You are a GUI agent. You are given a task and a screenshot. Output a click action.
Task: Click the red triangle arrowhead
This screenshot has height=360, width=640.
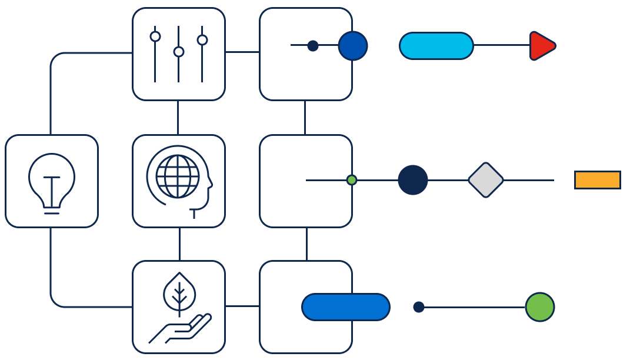pyautogui.click(x=541, y=46)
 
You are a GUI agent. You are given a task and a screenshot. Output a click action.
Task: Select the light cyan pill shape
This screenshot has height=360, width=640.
pyautogui.click(x=436, y=46)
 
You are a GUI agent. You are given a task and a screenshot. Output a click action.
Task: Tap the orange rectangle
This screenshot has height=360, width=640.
pyautogui.click(x=597, y=180)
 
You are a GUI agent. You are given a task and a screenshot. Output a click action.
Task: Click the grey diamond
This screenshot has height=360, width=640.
pyautogui.click(x=486, y=180)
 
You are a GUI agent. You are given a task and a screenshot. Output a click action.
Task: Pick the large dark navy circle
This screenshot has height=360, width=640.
pyautogui.click(x=413, y=180)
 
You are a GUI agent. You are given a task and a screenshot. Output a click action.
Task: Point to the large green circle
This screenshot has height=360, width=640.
pyautogui.click(x=540, y=307)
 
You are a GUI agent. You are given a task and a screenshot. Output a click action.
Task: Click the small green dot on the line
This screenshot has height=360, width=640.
pyautogui.click(x=352, y=180)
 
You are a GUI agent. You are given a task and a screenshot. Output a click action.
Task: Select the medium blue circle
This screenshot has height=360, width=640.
pyautogui.click(x=353, y=46)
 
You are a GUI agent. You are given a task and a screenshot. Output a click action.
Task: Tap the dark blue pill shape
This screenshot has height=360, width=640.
pyautogui.click(x=346, y=307)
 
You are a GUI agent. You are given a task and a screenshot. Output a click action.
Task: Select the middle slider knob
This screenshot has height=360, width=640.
pyautogui.click(x=179, y=52)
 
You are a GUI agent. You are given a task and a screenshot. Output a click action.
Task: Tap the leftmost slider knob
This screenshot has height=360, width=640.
pyautogui.click(x=155, y=36)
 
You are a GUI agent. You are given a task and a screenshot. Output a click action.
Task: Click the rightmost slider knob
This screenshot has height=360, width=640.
pyautogui.click(x=202, y=40)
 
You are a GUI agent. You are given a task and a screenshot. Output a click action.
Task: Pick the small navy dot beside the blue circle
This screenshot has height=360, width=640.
pyautogui.click(x=313, y=46)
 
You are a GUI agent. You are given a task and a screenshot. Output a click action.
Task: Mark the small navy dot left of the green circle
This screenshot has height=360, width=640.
pyautogui.click(x=419, y=307)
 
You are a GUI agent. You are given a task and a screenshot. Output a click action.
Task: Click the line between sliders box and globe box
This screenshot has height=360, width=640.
pyautogui.click(x=178, y=118)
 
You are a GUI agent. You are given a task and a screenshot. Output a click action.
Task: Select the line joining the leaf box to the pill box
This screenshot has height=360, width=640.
pyautogui.click(x=242, y=306)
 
